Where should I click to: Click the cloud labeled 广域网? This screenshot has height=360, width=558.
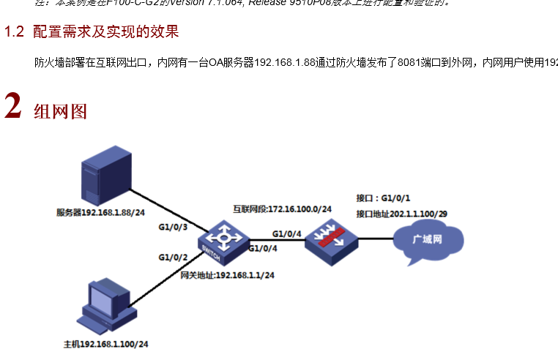pos(428,239)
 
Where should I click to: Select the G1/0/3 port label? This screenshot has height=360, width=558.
pos(174,228)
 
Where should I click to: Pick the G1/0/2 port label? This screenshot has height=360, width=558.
pos(174,257)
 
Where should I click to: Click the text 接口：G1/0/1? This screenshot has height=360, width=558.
pos(383,198)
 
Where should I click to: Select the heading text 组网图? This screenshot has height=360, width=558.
pos(61,111)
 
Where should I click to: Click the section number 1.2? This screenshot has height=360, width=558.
pos(15,32)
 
